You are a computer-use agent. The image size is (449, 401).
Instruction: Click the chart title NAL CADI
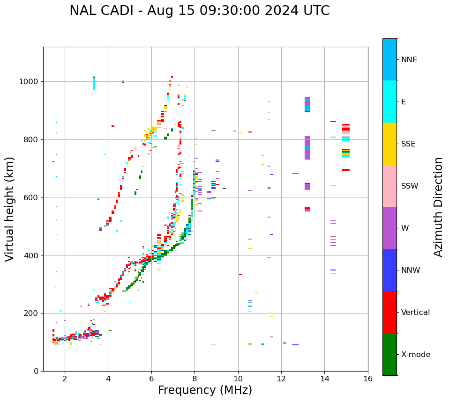pos(199,11)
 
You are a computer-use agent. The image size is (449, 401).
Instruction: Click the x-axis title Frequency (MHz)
pos(205,390)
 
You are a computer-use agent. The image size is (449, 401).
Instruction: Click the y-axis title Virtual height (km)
pos(10,209)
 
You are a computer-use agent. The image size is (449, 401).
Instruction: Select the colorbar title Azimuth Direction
pos(438,207)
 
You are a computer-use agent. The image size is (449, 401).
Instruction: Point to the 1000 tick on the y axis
pos(31,81)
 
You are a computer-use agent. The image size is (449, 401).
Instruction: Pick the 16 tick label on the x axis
pos(367,379)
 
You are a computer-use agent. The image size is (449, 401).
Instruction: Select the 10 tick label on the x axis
pos(238,379)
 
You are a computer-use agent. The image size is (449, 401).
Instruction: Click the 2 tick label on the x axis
pos(65,379)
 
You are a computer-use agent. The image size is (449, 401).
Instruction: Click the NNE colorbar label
pos(409,60)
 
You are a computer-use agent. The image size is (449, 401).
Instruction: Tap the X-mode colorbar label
pos(416,355)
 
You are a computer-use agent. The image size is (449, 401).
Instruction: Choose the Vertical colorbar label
pos(415,313)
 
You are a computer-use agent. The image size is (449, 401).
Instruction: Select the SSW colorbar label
pos(410,186)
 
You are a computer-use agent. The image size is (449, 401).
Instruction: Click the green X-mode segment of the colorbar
pos(389,354)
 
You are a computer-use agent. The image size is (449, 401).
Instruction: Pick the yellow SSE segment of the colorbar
pos(389,144)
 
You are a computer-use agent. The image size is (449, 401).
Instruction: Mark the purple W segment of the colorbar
pos(389,228)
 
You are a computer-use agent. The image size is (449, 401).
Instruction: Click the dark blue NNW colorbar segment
pos(389,270)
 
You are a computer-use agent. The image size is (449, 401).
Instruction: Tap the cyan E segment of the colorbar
pos(389,102)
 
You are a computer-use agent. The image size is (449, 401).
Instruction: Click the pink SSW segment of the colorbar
pos(389,186)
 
